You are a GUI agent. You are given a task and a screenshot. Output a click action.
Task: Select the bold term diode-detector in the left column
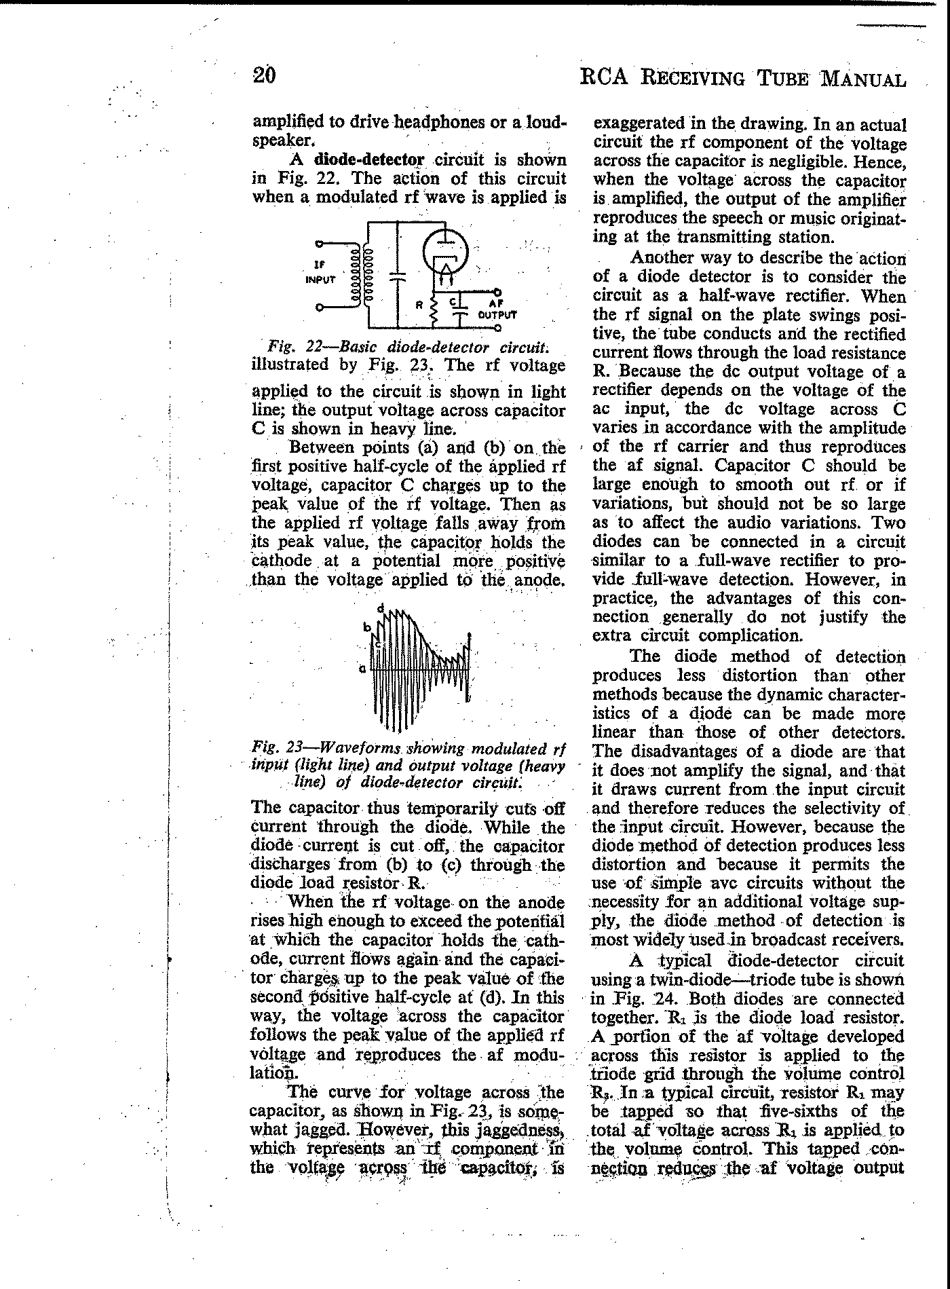369,160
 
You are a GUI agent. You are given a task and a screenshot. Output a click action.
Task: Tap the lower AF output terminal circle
498,329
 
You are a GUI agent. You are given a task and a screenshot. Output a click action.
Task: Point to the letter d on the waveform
381,607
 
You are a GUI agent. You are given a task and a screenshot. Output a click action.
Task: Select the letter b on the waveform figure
368,627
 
